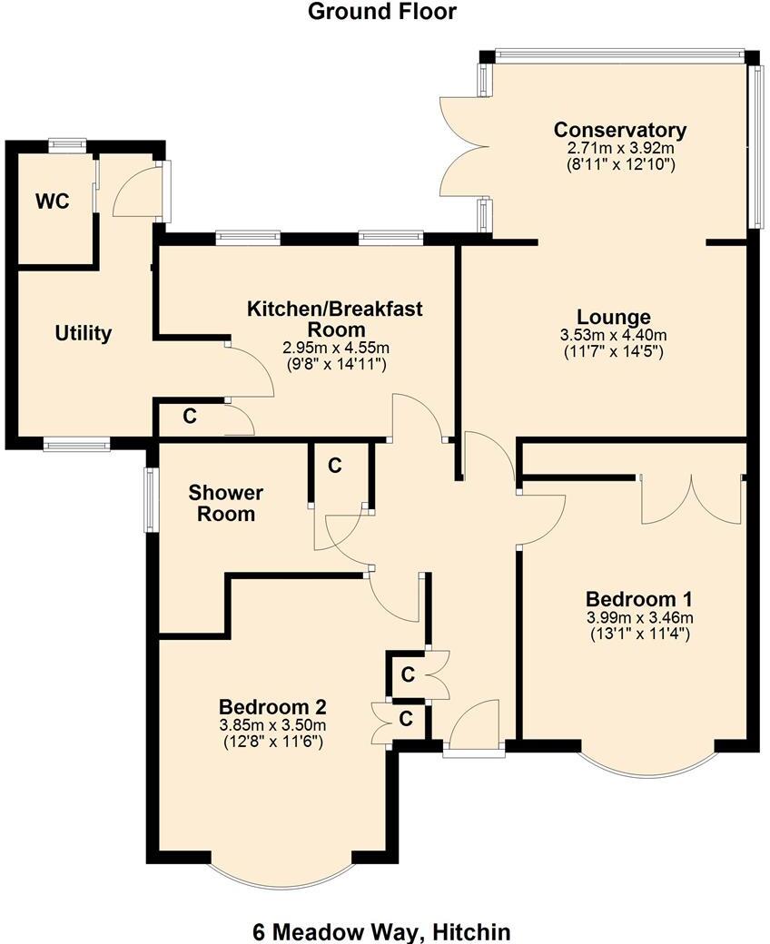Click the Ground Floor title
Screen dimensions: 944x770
[x=381, y=12]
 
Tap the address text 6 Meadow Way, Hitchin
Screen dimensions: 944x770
[x=381, y=931]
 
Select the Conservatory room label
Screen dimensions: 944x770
[x=620, y=129]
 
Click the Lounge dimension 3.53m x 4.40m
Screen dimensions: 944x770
[x=615, y=335]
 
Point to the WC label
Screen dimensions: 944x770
[x=52, y=202]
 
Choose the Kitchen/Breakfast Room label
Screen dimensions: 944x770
[x=335, y=319]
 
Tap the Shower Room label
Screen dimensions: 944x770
[x=225, y=503]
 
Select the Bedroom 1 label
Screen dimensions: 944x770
[x=639, y=599]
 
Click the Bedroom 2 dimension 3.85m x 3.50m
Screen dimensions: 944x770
[x=272, y=724]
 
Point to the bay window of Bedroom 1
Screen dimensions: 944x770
[x=647, y=768]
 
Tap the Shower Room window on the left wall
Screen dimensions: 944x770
[x=151, y=498]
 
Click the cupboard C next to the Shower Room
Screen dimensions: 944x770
[x=335, y=466]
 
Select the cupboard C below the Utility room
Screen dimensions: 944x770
[x=191, y=417]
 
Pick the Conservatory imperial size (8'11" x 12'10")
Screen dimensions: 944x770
[x=620, y=164]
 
